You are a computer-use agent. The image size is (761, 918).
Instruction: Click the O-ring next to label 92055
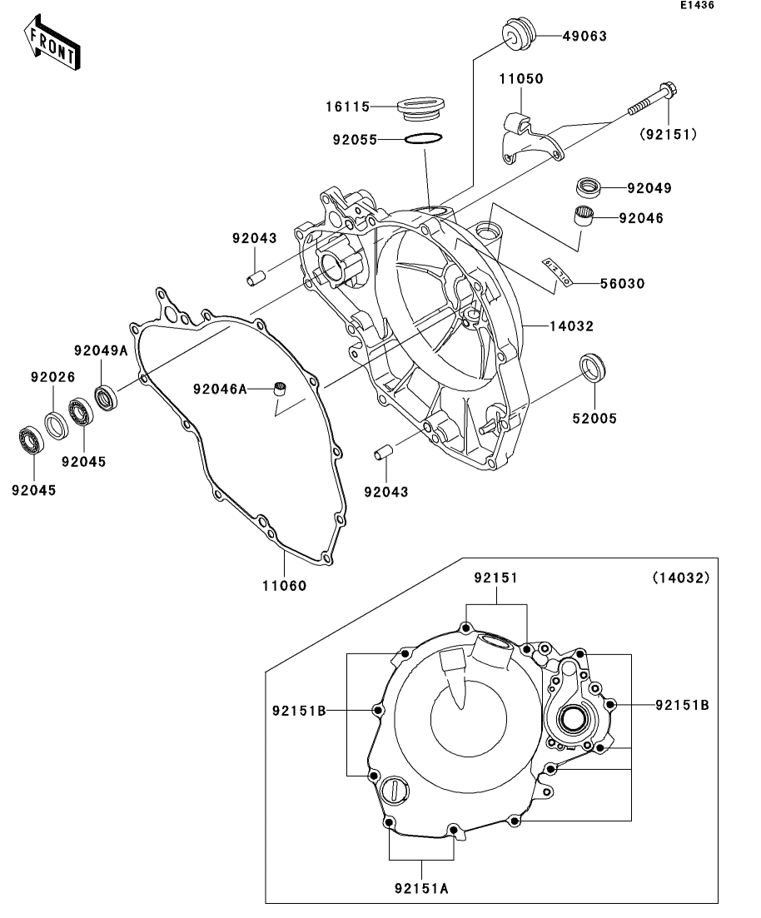[x=425, y=138]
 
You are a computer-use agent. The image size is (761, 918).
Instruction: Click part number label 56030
[x=622, y=284]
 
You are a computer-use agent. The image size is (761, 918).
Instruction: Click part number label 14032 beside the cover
[x=570, y=326]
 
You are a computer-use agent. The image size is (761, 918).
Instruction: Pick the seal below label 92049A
[x=106, y=397]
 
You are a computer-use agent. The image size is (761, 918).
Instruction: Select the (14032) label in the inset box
[x=680, y=578]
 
